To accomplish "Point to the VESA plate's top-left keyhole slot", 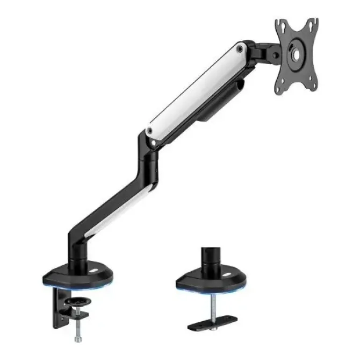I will tap(280, 25).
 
